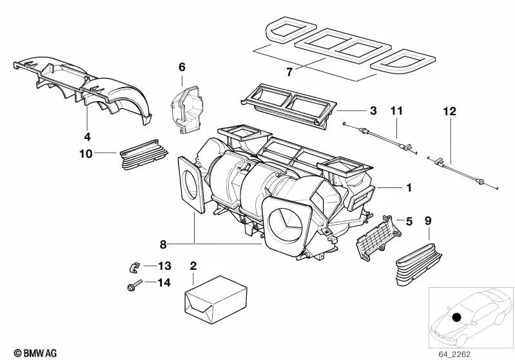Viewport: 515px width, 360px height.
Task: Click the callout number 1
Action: [409, 187]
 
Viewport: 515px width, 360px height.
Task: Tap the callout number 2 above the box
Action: [193, 266]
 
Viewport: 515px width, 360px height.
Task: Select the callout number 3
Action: [373, 111]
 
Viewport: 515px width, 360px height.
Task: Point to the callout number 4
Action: [87, 137]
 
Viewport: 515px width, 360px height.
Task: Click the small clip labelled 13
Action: [134, 267]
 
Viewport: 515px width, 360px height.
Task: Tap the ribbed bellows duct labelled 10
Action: [144, 155]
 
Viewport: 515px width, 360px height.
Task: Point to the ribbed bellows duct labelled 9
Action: [418, 265]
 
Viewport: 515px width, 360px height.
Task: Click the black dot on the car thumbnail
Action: [456, 317]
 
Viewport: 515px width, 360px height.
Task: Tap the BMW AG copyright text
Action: [35, 353]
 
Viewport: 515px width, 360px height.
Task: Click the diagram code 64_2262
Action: [454, 354]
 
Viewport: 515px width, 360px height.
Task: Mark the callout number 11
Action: [396, 111]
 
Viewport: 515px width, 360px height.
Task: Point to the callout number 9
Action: [427, 221]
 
